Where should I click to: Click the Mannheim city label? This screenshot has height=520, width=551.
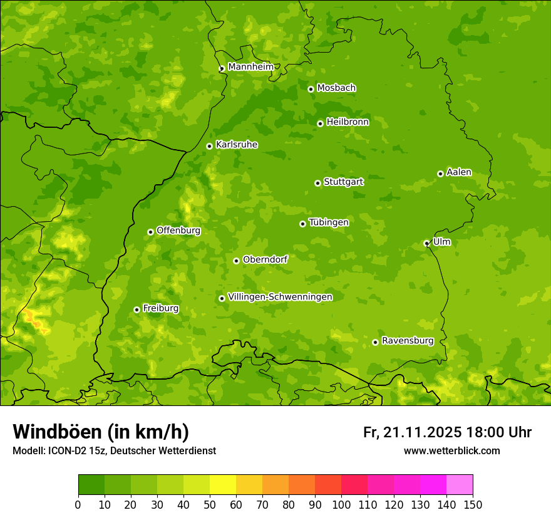click(250, 66)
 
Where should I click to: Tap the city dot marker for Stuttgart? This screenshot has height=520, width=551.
click(317, 183)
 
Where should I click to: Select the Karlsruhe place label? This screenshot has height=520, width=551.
click(237, 145)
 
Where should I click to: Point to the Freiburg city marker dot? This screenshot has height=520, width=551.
click(136, 309)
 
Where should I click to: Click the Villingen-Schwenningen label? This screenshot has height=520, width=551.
click(280, 297)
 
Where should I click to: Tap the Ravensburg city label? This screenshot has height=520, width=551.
click(407, 341)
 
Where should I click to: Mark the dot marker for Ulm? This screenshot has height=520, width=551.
click(426, 243)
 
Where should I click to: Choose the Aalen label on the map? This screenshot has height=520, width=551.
click(459, 172)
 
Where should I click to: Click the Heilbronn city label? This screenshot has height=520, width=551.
click(348, 122)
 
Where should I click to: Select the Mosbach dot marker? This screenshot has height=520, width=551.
click(311, 89)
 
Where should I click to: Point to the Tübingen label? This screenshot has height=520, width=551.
click(329, 222)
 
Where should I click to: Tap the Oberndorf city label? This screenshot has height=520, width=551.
click(265, 259)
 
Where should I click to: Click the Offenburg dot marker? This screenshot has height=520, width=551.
click(150, 232)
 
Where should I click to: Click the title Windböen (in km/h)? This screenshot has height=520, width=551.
click(100, 432)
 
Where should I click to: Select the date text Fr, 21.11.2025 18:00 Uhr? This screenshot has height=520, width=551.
click(447, 432)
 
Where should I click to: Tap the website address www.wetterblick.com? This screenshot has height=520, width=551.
click(451, 450)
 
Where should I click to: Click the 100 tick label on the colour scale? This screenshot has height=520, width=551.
click(341, 504)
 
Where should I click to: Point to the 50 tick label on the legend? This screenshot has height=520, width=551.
click(210, 504)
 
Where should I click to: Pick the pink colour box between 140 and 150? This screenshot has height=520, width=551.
click(460, 485)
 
